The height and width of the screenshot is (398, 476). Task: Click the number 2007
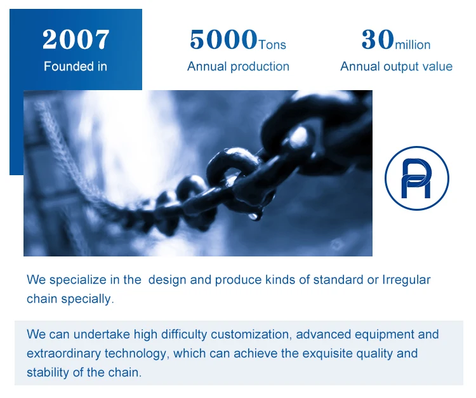[76, 39]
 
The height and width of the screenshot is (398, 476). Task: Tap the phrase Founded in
[76, 67]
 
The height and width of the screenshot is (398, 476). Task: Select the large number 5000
[223, 39]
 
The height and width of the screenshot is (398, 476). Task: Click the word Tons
[272, 45]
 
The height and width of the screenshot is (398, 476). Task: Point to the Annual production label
[238, 67]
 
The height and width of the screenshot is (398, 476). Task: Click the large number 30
[378, 39]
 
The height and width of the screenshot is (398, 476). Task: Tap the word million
[413, 45]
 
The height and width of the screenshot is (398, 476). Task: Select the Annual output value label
[397, 67]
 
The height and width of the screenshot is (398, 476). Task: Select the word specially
[88, 299]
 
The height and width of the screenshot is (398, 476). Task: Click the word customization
[251, 335]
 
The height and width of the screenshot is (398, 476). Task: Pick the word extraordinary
[63, 354]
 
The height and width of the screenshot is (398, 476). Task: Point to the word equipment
[385, 335]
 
